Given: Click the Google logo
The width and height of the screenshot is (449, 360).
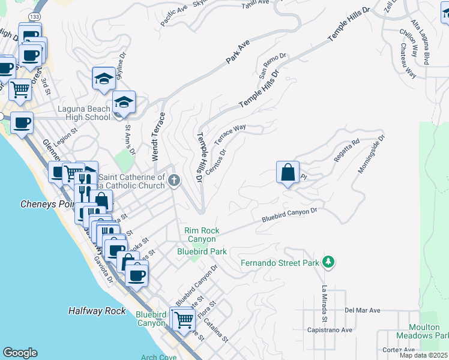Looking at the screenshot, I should [20, 353].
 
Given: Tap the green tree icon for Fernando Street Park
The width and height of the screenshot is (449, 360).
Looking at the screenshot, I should [328, 262].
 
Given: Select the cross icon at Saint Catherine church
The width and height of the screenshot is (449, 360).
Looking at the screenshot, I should [174, 180].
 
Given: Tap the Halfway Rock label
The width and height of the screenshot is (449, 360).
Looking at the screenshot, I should [97, 311].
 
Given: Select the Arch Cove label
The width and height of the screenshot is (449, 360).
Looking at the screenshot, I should [158, 356].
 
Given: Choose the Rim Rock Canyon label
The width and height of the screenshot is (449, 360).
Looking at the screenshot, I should [202, 235].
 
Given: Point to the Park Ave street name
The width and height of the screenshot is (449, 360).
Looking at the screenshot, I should [238, 53].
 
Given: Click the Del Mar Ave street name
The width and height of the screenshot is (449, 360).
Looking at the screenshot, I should [363, 310].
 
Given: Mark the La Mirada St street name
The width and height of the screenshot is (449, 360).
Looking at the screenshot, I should [324, 303].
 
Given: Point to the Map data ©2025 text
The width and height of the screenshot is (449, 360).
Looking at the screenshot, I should [424, 356].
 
